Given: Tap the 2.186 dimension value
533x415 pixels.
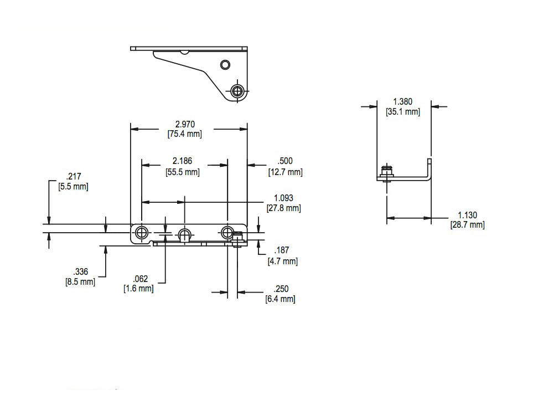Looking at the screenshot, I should pos(184,161).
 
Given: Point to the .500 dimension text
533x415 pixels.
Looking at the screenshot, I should pos(286,161).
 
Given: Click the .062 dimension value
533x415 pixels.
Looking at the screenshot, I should pos(138,279).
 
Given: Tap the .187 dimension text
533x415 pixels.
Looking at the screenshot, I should pos(282,251).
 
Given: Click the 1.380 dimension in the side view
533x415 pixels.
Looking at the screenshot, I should pos(402,101).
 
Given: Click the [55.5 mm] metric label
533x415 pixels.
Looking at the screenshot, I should pos(184,172).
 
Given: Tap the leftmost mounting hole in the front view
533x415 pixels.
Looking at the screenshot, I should pos(142,232).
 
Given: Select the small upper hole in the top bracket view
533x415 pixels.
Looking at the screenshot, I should pos(225,65).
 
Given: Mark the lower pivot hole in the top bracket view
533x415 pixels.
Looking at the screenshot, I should pos(238,91).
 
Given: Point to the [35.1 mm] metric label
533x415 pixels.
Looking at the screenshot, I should pos(402,111).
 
